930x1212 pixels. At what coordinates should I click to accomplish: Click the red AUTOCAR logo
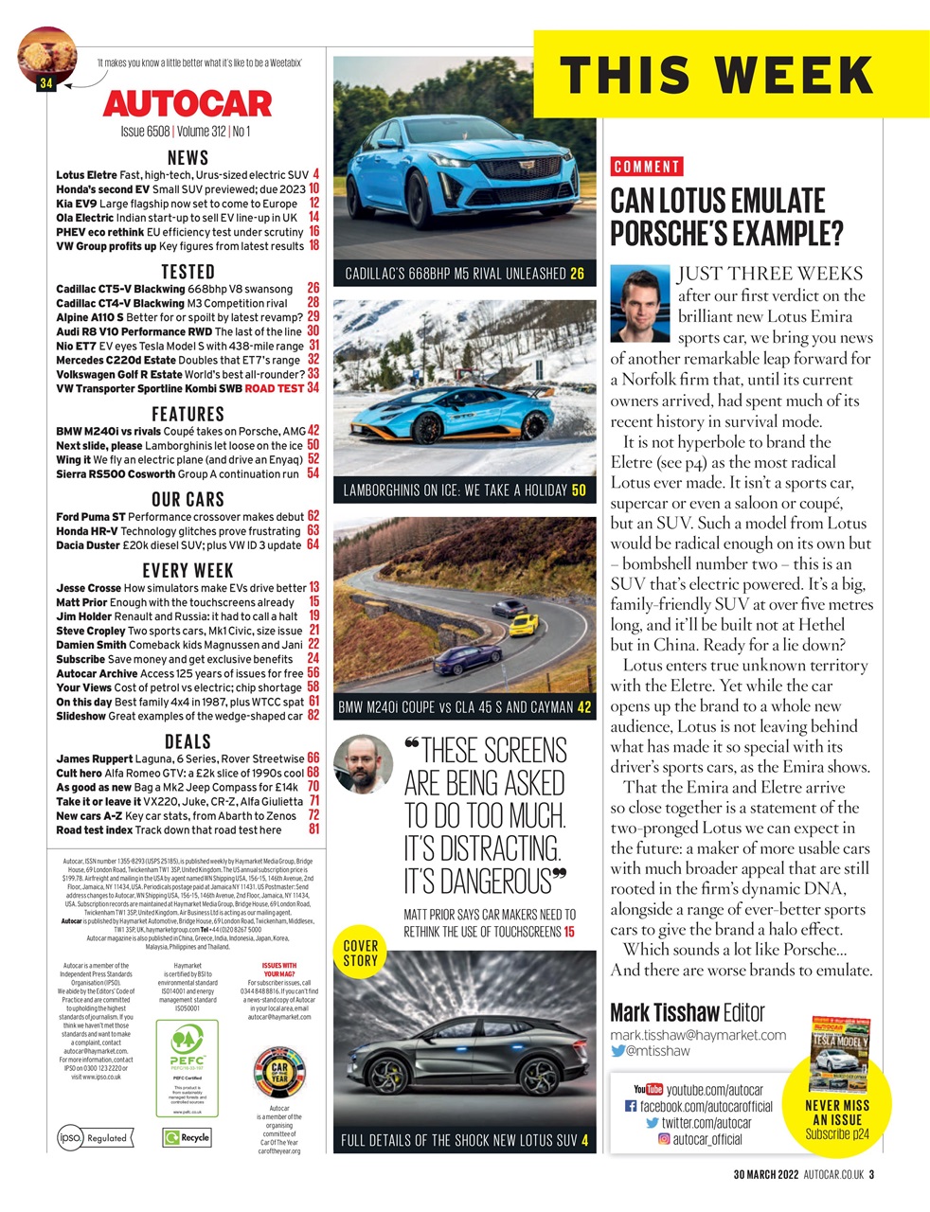[x=187, y=102]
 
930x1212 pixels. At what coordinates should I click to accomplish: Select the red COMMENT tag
[x=646, y=167]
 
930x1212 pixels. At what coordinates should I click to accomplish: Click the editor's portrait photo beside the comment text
[x=641, y=303]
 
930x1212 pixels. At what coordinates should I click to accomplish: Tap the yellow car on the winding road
[x=523, y=625]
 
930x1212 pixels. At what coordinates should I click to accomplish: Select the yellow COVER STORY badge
[x=360, y=953]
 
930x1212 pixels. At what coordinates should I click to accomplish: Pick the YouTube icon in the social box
[x=647, y=1090]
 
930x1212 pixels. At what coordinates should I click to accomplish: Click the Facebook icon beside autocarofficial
[x=631, y=1106]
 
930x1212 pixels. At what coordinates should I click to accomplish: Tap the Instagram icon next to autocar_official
[x=664, y=1139]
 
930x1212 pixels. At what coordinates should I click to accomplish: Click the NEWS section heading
[x=188, y=158]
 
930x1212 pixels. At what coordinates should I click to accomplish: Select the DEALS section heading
[x=188, y=741]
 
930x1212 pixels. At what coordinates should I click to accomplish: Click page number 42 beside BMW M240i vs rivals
[x=313, y=431]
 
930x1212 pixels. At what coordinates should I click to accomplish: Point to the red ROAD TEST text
[x=274, y=388]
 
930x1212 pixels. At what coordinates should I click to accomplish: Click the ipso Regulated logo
[x=93, y=1137]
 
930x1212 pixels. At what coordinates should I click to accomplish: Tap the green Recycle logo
[x=187, y=1137]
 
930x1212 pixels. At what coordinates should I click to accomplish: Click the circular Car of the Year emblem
[x=278, y=1071]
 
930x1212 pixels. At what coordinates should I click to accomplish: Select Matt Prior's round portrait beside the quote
[x=364, y=763]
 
